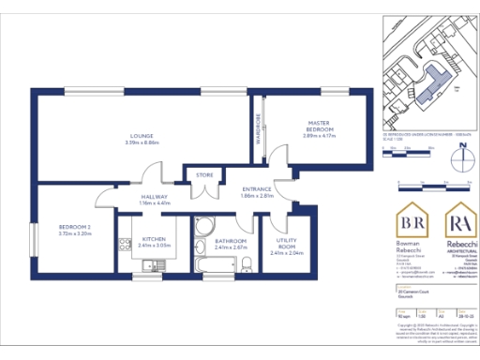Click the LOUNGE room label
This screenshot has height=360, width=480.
tap(142, 136)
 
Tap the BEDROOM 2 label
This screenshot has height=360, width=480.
tap(74, 227)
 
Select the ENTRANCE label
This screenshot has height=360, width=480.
tap(256, 189)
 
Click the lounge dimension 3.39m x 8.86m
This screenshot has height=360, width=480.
tap(142, 142)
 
